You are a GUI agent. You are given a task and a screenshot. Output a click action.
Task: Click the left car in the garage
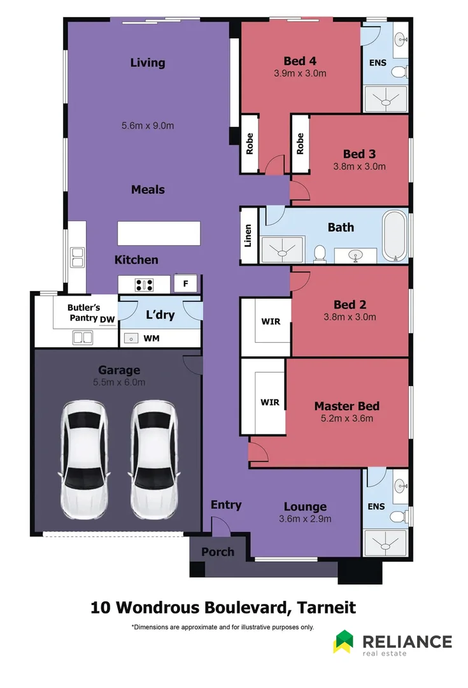pyautogui.click(x=84, y=460)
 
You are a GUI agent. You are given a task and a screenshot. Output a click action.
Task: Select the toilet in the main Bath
pyautogui.click(x=320, y=254)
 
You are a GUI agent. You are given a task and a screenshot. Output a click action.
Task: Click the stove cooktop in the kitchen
pyautogui.click(x=144, y=285)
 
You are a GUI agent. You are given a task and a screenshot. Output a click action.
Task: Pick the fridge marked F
pyautogui.click(x=186, y=284)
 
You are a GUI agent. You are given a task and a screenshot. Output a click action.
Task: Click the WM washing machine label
pyautogui.click(x=152, y=338)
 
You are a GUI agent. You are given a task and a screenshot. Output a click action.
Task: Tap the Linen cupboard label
pyautogui.click(x=248, y=236)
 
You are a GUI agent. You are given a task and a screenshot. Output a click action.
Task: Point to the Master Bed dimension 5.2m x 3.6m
pyautogui.click(x=347, y=419)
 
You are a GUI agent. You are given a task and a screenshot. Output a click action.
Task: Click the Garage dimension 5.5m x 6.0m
pyautogui.click(x=119, y=382)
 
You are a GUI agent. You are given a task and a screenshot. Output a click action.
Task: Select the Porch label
pyautogui.click(x=218, y=552)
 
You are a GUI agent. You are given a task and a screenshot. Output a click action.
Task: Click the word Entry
pyautogui.click(x=226, y=505)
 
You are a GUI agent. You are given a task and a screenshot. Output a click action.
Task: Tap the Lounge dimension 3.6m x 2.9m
pyautogui.click(x=305, y=519)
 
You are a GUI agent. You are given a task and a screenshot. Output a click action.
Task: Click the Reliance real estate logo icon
pyautogui.click(x=343, y=641)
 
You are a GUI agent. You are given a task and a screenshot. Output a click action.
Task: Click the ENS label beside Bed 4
pyautogui.click(x=378, y=64)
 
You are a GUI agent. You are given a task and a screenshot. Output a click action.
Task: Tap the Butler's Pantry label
pyautogui.click(x=83, y=312)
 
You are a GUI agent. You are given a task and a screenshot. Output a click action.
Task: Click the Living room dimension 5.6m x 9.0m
pyautogui.click(x=148, y=125)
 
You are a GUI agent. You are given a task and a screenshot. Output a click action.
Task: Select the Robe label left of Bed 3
pyautogui.click(x=301, y=144)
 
